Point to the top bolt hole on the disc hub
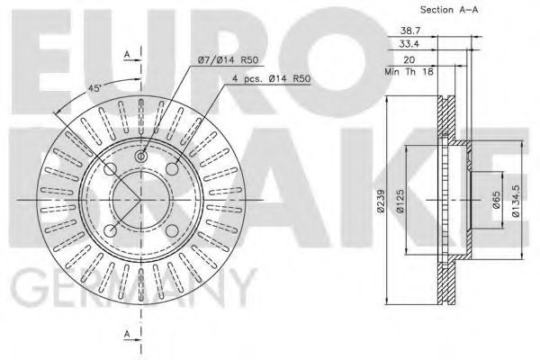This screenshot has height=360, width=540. tap(141, 157)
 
